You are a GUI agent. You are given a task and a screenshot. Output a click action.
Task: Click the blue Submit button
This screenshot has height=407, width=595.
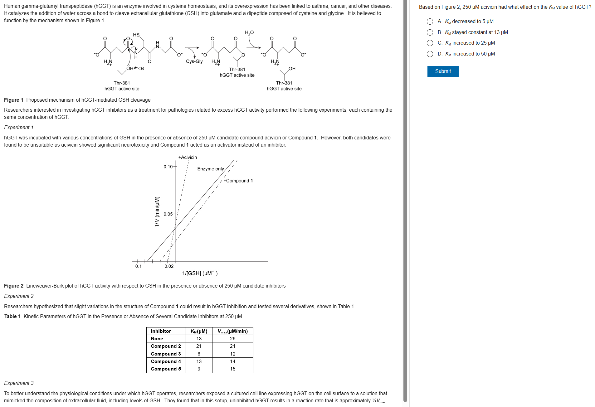tap(442, 71)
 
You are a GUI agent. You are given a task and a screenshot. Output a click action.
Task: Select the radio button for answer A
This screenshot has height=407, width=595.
tap(430, 22)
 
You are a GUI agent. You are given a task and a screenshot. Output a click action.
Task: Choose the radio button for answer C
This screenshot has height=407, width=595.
tap(430, 43)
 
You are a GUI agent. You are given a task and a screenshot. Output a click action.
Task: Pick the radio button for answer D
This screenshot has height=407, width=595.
tap(430, 54)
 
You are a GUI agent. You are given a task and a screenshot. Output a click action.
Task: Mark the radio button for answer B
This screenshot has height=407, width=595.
tap(430, 32)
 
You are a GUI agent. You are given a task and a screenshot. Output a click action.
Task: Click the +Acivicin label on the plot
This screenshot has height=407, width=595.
tap(188, 157)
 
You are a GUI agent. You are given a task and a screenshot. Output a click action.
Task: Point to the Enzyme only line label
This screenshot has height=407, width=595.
tap(210, 169)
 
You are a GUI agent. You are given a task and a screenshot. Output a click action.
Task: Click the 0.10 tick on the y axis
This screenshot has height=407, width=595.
tap(168, 167)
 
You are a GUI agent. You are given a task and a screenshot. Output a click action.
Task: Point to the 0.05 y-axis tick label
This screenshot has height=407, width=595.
tap(168, 214)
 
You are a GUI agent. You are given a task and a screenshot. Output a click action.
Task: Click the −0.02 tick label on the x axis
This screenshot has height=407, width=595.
tap(168, 266)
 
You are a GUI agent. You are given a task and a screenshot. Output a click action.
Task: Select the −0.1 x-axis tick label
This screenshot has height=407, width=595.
tap(137, 266)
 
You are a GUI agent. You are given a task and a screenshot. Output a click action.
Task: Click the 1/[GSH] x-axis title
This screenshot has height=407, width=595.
tap(200, 274)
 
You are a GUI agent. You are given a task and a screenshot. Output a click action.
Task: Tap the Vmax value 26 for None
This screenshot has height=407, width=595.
tap(232, 339)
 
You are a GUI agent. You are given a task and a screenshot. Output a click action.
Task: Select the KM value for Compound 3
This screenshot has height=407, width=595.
tap(199, 354)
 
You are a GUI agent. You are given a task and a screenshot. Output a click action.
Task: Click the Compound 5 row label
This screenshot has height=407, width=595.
tap(166, 369)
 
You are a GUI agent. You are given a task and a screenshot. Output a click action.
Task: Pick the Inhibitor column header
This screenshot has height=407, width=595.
tap(161, 331)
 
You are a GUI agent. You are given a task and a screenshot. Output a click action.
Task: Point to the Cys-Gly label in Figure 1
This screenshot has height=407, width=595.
tap(194, 61)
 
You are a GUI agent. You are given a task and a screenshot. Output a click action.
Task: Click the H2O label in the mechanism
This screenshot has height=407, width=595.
tap(249, 33)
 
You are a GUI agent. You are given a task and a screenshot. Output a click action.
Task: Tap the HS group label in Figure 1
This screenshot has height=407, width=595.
tap(136, 35)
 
